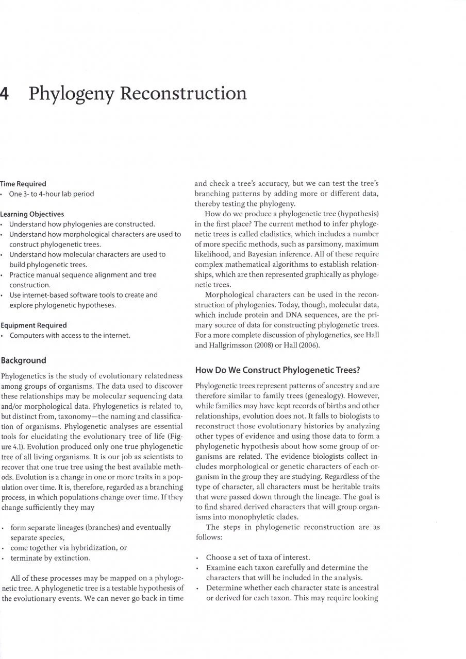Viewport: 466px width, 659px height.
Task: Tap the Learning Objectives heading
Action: click(32, 214)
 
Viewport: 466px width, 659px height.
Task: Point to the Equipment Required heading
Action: click(34, 325)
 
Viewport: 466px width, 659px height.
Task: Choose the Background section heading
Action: click(23, 360)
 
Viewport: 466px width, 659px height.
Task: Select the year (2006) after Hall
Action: click(309, 345)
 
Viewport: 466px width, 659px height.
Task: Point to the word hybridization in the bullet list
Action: click(98, 548)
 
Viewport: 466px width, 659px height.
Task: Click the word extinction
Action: click(73, 558)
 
